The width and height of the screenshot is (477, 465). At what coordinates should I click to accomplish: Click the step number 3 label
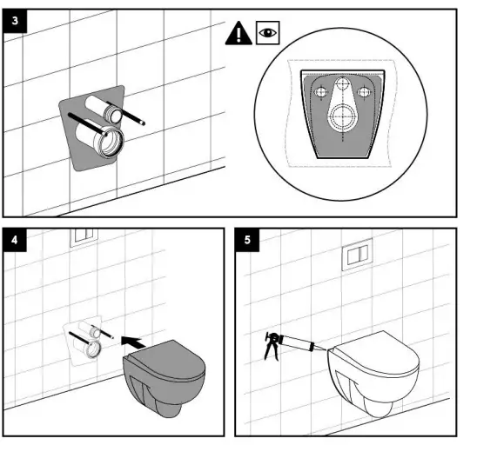[x=15, y=21]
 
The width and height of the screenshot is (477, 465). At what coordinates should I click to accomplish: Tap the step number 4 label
[x=15, y=240]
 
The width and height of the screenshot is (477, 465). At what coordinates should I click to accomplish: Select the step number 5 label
[x=247, y=240]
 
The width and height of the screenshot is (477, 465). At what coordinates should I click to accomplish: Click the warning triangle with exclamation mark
[x=238, y=33]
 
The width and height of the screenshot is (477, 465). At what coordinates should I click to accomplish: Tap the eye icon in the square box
[x=268, y=32]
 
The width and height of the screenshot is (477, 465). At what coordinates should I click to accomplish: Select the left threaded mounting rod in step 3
[x=87, y=124]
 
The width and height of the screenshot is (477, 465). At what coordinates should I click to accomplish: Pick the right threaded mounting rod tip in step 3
[x=143, y=123]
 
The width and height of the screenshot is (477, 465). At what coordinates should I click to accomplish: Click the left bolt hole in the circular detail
[x=320, y=92]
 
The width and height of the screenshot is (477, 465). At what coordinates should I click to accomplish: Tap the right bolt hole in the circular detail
[x=363, y=91]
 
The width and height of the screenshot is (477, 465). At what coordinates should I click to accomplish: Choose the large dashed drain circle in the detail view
[x=343, y=117]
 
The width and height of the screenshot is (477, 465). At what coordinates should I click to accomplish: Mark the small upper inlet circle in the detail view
[x=343, y=83]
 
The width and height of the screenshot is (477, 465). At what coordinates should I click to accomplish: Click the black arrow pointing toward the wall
[x=132, y=342]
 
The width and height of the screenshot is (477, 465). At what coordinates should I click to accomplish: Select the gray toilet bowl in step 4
[x=164, y=378]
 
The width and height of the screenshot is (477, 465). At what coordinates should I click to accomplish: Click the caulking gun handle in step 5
[x=271, y=347]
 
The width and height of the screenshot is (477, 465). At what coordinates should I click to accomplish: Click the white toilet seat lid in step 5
[x=377, y=353]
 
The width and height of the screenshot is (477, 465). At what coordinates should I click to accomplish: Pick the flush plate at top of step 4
[x=84, y=237]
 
